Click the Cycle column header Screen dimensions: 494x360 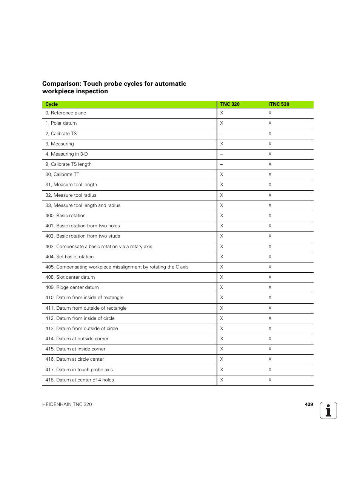click(52, 104)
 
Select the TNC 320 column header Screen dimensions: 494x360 click(230, 104)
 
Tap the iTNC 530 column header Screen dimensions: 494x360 click(278, 104)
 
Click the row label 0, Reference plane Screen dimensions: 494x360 click(66, 113)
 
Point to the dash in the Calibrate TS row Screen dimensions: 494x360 click(222, 134)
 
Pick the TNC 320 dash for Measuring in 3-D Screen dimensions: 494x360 click(222, 154)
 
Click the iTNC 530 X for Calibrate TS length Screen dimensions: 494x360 click(270, 164)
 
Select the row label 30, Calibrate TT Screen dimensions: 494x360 click(62, 174)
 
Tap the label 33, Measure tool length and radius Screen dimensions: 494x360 click(83, 205)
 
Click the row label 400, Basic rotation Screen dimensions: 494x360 click(65, 216)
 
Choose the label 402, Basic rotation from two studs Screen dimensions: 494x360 click(83, 236)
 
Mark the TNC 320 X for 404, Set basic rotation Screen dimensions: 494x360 click(222, 257)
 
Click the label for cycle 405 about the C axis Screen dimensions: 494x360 click(117, 267)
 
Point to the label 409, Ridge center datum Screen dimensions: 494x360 click(72, 287)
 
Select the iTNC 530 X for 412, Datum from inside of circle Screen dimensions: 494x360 click(270, 318)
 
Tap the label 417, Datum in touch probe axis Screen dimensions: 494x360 click(79, 370)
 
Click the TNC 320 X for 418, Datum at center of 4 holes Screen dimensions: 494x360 click(222, 380)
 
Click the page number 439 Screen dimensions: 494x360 click(309, 404)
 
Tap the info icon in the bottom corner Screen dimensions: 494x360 click(328, 411)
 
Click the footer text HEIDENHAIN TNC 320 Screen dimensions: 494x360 click(67, 404)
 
